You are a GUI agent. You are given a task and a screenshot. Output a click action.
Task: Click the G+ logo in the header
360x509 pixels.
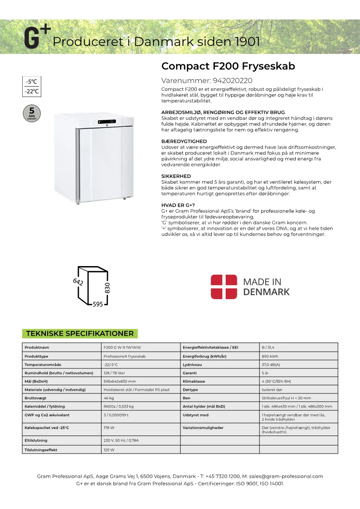point(37,38)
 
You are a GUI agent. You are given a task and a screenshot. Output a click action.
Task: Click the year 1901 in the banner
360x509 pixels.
point(247,42)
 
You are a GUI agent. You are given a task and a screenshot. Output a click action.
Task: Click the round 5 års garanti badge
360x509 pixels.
point(31,112)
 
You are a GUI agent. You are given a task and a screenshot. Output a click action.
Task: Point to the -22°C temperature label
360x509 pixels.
point(32,92)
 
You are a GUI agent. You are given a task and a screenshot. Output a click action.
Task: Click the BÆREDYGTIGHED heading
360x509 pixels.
point(184,141)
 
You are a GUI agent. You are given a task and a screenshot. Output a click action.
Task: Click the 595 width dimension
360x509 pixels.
point(97,305)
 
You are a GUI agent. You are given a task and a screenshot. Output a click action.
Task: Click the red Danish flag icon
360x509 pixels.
point(224,286)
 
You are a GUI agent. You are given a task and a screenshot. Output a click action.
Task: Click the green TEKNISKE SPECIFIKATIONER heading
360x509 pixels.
point(80,334)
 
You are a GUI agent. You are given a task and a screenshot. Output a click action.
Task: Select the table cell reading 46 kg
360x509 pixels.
point(108,397)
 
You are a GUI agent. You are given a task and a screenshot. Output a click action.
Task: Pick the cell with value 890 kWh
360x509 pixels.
point(270,356)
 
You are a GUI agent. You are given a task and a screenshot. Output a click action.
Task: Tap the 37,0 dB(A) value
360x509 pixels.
point(271,364)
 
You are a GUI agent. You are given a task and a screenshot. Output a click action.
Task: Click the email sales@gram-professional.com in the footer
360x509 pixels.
point(286,476)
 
